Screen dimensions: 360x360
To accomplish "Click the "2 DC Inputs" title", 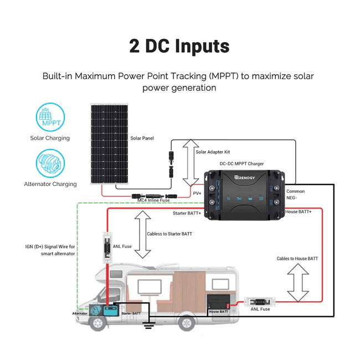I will click(x=179, y=47).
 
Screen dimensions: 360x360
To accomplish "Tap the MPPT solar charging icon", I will click(x=50, y=116).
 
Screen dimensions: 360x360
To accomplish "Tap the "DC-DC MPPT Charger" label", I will click(x=242, y=163).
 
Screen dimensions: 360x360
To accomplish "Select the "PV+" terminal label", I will click(x=197, y=193).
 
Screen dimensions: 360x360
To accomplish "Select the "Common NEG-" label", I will click(x=295, y=194).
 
